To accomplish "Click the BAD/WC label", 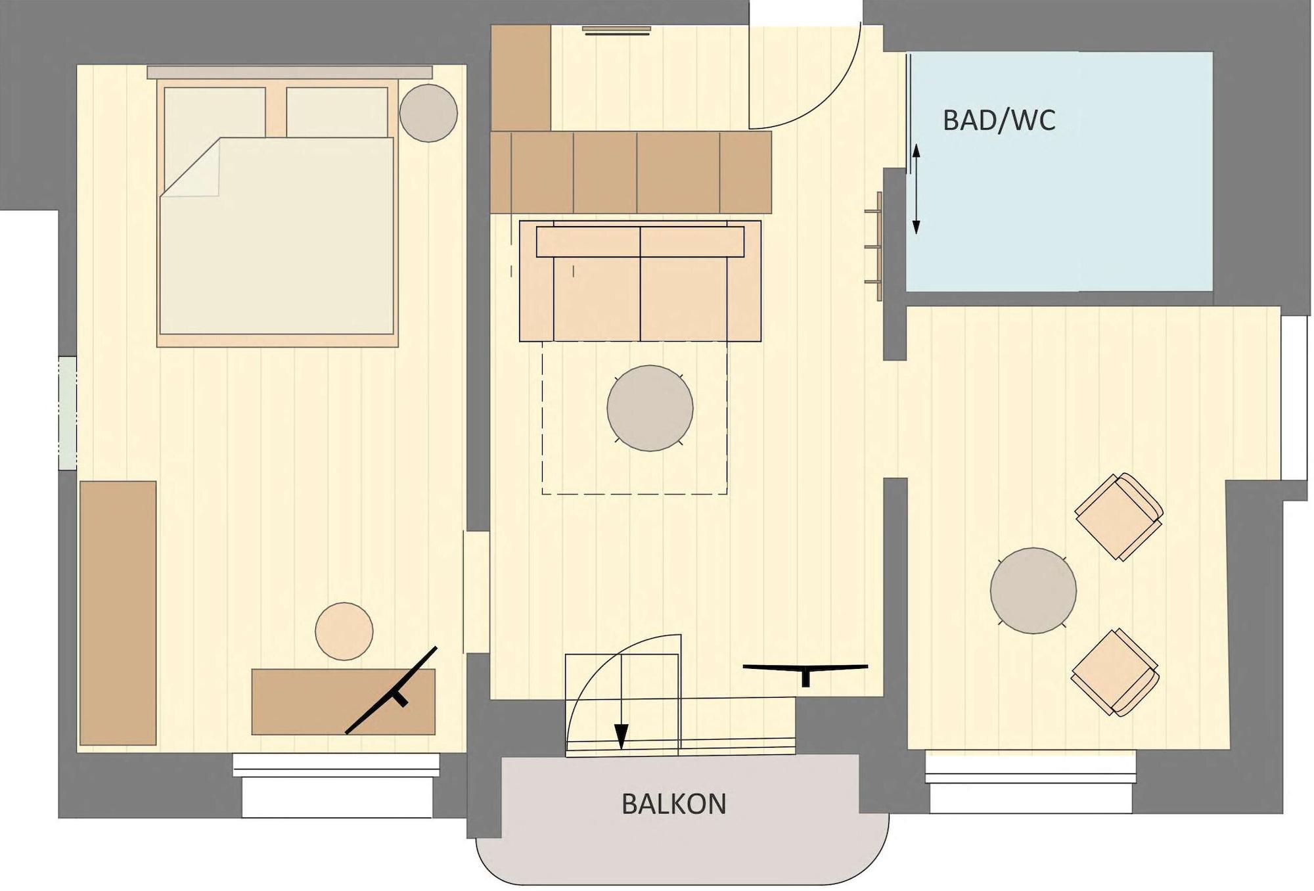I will coord(999,120).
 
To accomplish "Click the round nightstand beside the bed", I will coord(428,112).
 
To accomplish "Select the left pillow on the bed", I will coord(214,112).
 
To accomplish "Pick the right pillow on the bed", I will coord(337,112).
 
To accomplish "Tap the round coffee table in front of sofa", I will coord(650,408).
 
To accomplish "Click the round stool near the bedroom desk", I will coord(344,631).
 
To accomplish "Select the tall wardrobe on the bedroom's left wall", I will coord(118,612).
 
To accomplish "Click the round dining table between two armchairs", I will coord(1033,590).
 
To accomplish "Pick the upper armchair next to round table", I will coord(1118,516).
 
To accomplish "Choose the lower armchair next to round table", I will coord(1114,672).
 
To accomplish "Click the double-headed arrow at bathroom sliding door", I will coord(916,189).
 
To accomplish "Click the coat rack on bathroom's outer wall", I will coord(874,246).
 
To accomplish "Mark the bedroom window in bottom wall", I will coord(336,765).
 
